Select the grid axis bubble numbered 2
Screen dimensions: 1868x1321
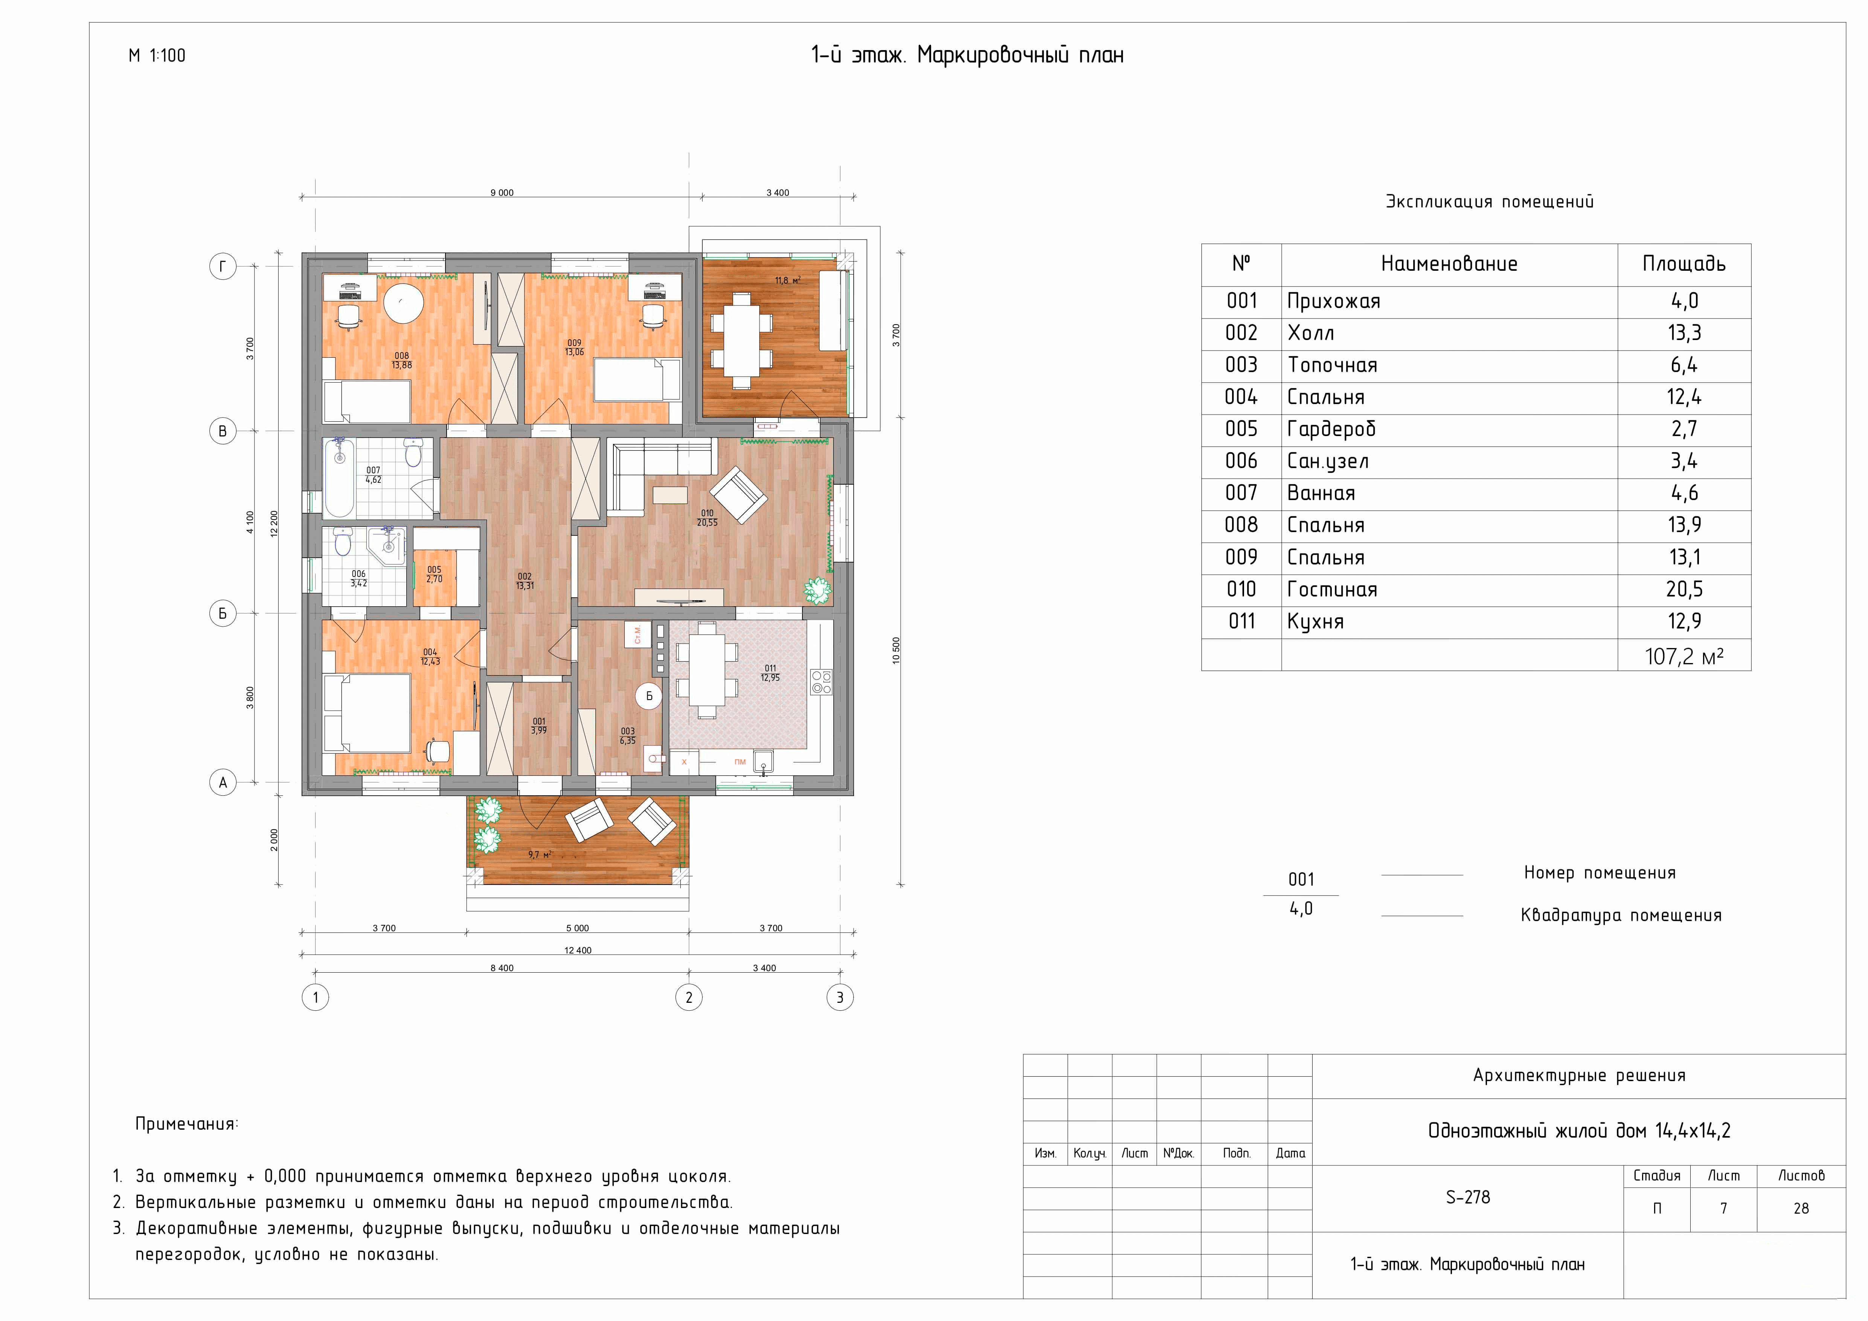(x=689, y=997)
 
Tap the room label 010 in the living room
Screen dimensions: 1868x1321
(x=707, y=513)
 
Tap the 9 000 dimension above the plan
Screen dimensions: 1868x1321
(x=502, y=193)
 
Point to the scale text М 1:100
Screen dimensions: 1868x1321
(x=157, y=55)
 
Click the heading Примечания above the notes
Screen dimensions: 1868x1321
(x=186, y=1124)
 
